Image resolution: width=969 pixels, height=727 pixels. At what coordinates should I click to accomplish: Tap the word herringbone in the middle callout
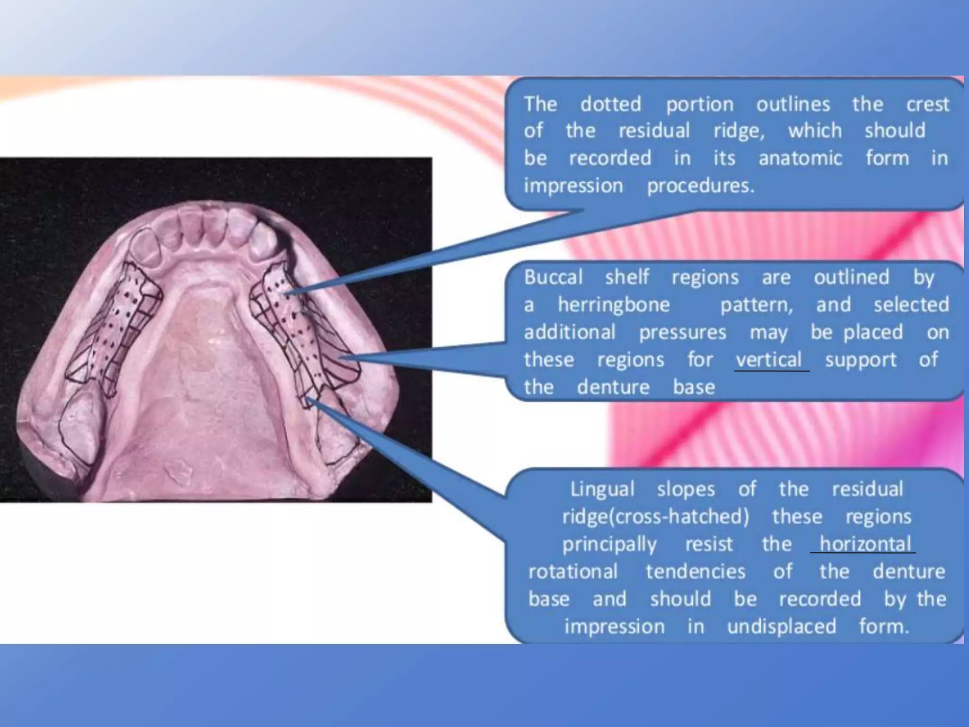point(614,304)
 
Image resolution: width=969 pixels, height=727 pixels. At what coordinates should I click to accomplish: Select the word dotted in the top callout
point(611,104)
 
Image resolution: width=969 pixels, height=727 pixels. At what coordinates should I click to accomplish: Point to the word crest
point(927,104)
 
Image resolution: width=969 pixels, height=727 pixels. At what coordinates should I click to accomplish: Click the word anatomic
point(800,158)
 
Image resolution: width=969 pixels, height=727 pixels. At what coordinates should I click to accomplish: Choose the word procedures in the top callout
point(700,186)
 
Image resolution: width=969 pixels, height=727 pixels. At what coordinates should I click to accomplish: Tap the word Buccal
point(553,277)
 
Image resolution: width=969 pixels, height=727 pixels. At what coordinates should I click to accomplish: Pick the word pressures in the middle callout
point(682,332)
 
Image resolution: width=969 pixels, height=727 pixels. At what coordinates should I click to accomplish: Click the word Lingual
point(602,489)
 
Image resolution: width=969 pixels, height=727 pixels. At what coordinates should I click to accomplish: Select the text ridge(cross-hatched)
point(655,516)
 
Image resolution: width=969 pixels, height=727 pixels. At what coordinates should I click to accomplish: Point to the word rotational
point(573,571)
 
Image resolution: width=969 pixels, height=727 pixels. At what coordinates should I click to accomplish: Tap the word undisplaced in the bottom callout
point(782,626)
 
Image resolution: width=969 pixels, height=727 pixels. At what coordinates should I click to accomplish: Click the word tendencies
point(696,571)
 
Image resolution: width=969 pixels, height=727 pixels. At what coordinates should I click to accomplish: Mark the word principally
point(609,544)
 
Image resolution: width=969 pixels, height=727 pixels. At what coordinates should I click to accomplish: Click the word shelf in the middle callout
point(627,277)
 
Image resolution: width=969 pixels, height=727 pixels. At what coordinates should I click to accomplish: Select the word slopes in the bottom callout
point(686,489)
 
